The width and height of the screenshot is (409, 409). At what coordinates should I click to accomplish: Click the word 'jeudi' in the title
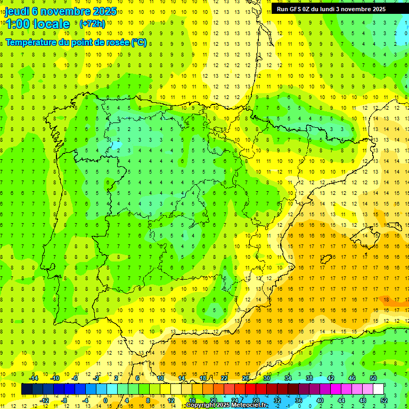coord(17,11)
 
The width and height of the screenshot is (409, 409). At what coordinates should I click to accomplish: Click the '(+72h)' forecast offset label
coord(92,24)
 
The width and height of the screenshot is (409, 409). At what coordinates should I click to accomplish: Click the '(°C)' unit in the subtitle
coord(138,42)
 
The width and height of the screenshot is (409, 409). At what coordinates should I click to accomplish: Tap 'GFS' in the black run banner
coord(300,9)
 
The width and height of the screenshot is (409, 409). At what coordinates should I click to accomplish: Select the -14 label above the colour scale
coord(34,378)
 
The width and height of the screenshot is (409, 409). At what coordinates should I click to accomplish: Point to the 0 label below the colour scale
coord(105,400)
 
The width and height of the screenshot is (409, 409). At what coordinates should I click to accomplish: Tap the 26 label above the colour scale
coord(245,378)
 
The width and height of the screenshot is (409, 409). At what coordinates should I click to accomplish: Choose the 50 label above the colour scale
coord(373,378)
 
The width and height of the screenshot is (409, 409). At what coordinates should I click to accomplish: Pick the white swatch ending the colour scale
coord(379,389)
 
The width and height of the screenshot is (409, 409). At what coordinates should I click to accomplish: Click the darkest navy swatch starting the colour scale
coord(27,389)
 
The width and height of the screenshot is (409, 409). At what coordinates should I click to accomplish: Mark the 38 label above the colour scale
coord(309,378)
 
